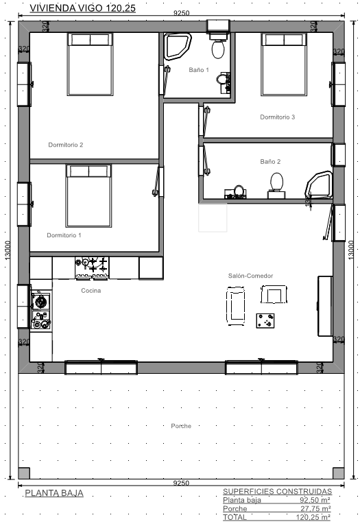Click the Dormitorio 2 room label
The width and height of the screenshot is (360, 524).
point(66,145)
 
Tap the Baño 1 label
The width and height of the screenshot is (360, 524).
point(199,70)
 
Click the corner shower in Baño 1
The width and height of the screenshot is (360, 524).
point(178,47)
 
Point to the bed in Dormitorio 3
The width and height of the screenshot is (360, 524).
point(284,64)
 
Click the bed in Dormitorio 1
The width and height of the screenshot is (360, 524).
point(88,196)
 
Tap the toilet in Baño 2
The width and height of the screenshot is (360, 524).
point(276,185)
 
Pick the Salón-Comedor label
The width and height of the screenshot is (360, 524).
point(250,276)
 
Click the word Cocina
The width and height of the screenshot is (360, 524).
point(91,291)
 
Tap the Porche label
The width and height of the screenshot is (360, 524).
point(181,426)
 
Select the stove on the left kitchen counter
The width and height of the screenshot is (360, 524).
point(40,311)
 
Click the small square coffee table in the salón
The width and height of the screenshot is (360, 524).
point(265,321)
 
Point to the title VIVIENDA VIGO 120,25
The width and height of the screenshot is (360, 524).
point(82,8)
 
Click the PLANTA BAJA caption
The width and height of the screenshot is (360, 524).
point(54,493)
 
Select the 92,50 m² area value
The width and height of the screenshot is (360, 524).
point(315,500)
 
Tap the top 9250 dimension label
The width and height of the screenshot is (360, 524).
point(181,13)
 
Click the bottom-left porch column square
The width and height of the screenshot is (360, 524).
point(24,473)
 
